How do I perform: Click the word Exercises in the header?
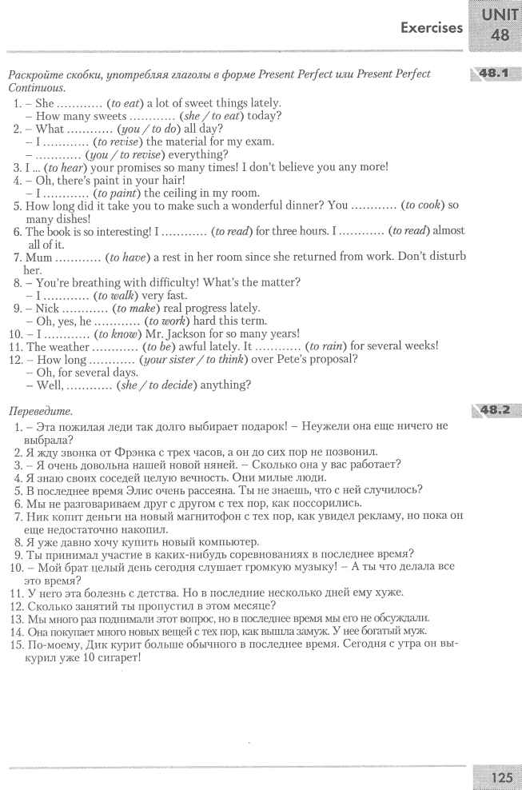coord(432,28)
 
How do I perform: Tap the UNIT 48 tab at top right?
coord(500,25)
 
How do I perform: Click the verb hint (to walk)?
coord(117,295)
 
